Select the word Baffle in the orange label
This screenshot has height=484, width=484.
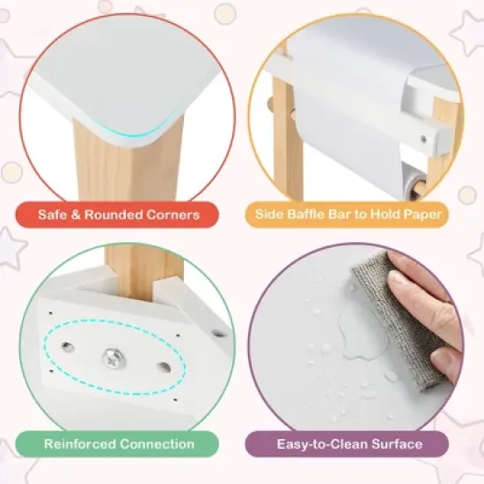click(x=318, y=214)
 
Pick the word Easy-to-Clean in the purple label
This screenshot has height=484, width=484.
click(x=316, y=444)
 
